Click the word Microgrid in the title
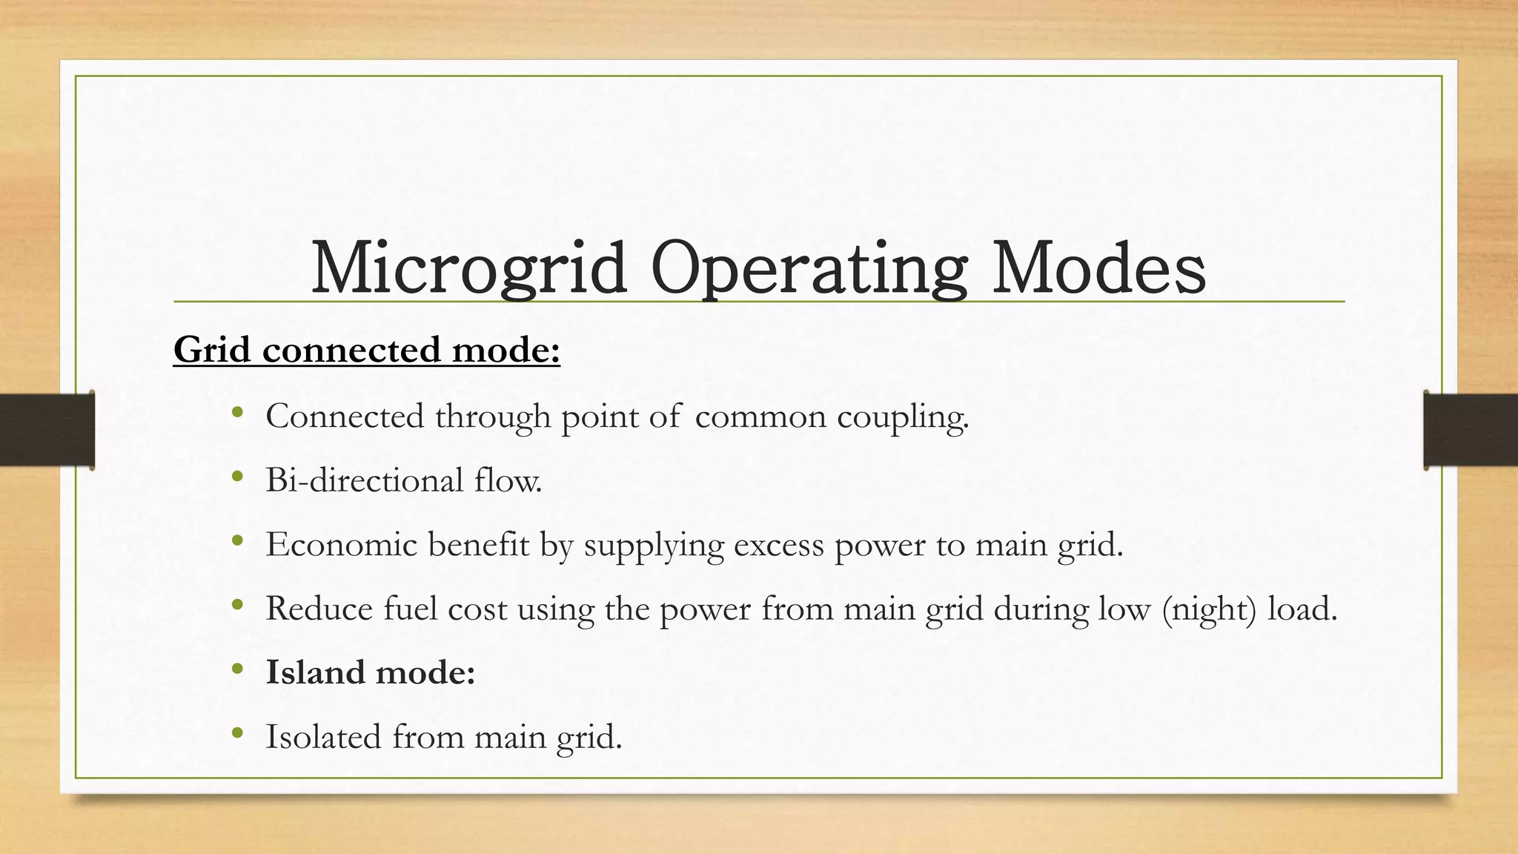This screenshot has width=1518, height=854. (x=468, y=268)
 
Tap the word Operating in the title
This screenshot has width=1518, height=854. (x=809, y=268)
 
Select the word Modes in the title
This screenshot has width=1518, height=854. (x=1098, y=268)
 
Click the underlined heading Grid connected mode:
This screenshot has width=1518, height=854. (x=367, y=350)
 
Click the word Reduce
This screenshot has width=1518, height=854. (x=319, y=609)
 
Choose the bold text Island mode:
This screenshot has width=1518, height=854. (x=370, y=673)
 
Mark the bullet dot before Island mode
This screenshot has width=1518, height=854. (x=237, y=670)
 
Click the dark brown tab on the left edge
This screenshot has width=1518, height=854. (x=47, y=430)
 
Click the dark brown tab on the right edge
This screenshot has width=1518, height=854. (x=1471, y=430)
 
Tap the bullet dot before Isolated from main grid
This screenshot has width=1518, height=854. (x=237, y=734)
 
